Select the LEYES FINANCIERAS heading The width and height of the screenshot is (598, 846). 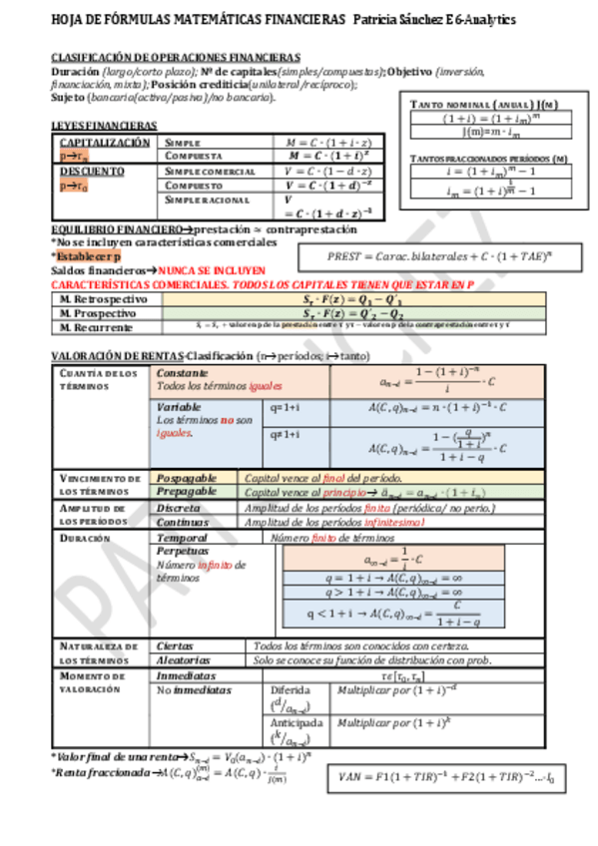tap(104, 125)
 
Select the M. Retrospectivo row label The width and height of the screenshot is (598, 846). tap(104, 298)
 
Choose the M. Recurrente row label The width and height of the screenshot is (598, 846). tap(98, 326)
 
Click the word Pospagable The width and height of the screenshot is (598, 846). tap(187, 478)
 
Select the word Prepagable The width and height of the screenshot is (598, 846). tap(187, 492)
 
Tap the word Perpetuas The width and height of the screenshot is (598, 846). tap(183, 551)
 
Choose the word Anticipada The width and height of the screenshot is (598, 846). tap(297, 722)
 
